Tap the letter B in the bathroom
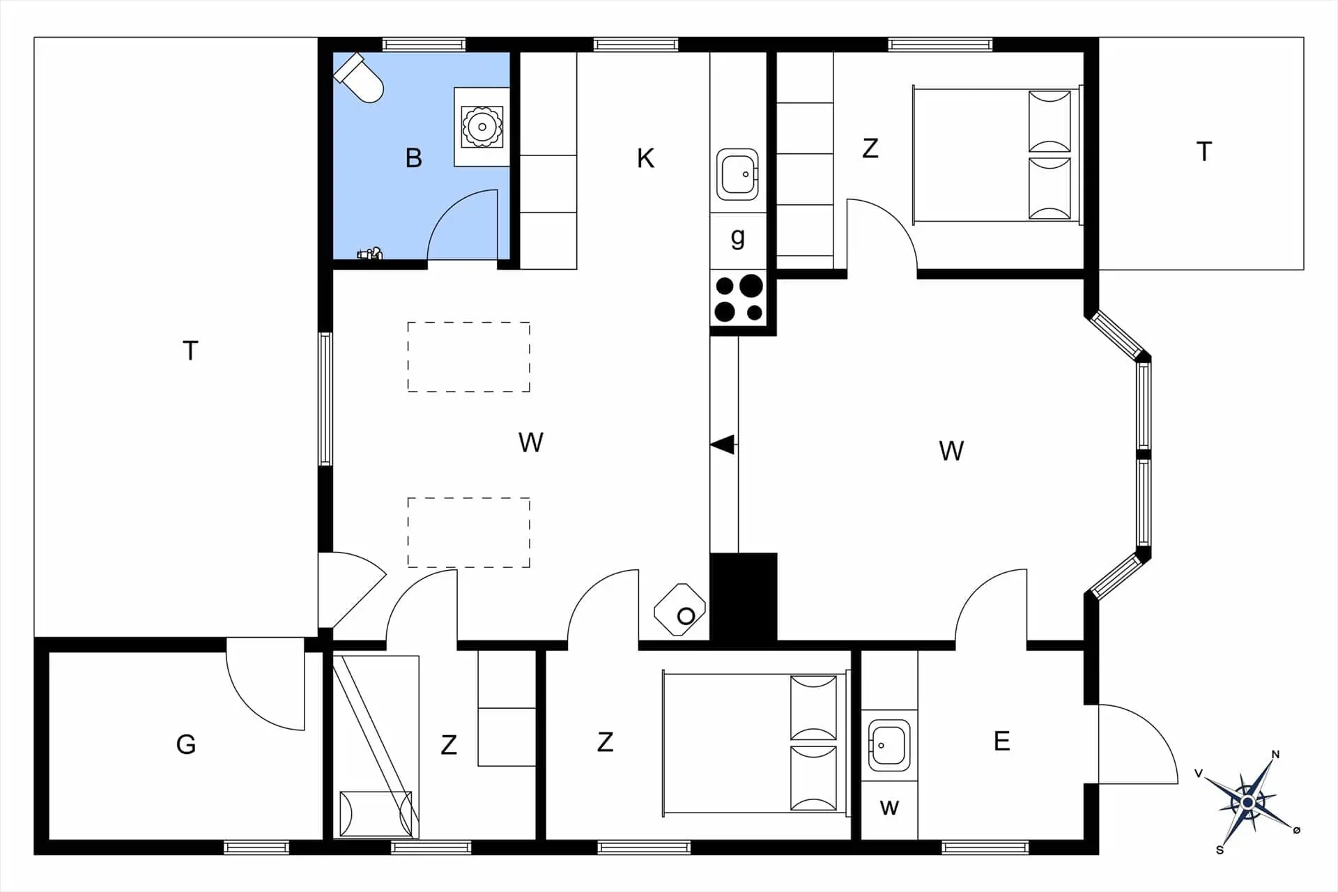pyautogui.click(x=413, y=158)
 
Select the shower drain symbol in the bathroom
pyautogui.click(x=482, y=127)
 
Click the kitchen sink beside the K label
pyautogui.click(x=737, y=174)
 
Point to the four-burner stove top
pyautogui.click(x=738, y=298)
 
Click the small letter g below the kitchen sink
pyautogui.click(x=738, y=238)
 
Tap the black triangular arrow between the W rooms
pyautogui.click(x=723, y=444)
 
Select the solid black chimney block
pyautogui.click(x=743, y=597)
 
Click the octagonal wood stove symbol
pyautogui.click(x=680, y=610)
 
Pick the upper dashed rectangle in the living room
pyautogui.click(x=468, y=357)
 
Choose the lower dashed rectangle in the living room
pyautogui.click(x=468, y=532)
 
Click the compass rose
pyautogui.click(x=1248, y=803)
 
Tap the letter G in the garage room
pyautogui.click(x=186, y=745)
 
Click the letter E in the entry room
pyautogui.click(x=1001, y=741)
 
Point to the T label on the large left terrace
pyautogui.click(x=190, y=351)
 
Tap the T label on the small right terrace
pyautogui.click(x=1204, y=152)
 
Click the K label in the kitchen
pyautogui.click(x=645, y=159)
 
